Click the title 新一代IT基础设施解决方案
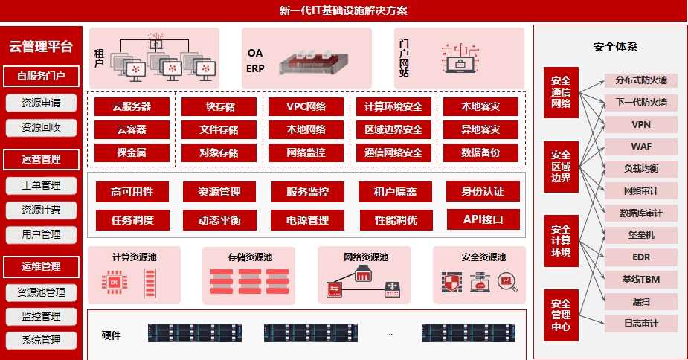point(343,10)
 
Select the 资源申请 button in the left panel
point(41,103)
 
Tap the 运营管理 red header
point(41,159)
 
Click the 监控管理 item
point(41,316)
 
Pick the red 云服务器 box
point(132,106)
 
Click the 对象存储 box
point(219,153)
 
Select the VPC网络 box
point(306,106)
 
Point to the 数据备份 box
point(480,153)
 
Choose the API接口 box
point(482,219)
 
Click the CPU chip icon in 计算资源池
point(115,283)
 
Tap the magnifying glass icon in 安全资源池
point(507,283)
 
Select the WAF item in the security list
point(640,146)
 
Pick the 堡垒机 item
point(640,235)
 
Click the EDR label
point(640,257)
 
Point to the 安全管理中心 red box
point(561,315)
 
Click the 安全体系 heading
point(615,47)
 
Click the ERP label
point(255,69)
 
